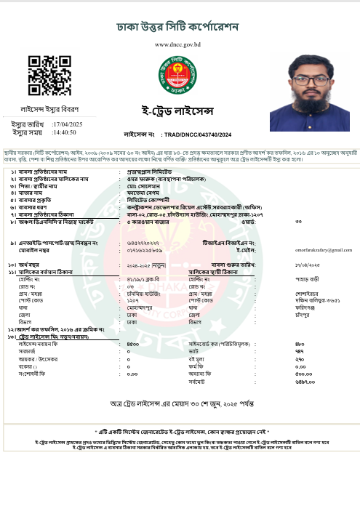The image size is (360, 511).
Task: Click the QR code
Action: (x=50, y=76)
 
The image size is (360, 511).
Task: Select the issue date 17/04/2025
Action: (x=68, y=124)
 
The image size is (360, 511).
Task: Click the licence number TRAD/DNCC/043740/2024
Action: (x=198, y=135)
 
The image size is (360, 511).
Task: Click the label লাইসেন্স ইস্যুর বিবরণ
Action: (x=49, y=109)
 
